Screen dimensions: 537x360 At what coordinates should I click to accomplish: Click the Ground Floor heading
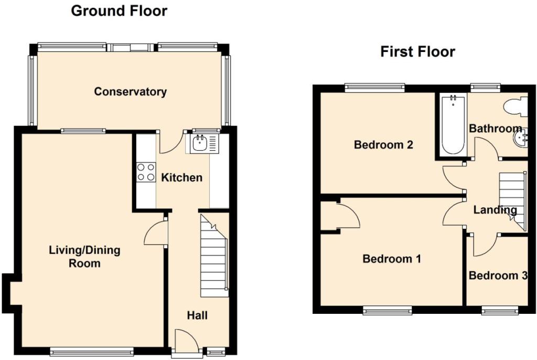click(119, 11)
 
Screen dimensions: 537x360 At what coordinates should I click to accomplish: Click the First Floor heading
click(417, 52)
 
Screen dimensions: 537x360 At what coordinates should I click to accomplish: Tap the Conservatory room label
click(131, 91)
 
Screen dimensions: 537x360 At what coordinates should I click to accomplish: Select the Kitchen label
click(181, 177)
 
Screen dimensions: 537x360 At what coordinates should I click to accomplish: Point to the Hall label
click(197, 315)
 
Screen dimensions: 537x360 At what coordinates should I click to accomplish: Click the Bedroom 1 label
click(392, 259)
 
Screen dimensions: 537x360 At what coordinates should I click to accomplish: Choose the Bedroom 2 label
click(383, 145)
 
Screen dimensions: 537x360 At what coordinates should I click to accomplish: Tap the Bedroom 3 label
click(498, 276)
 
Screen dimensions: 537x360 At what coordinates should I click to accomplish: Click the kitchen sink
click(202, 144)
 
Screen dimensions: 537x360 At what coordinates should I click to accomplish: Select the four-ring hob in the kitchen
click(146, 172)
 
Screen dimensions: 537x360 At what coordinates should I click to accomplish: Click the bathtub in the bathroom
click(453, 125)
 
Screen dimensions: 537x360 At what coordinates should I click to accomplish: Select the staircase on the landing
click(513, 201)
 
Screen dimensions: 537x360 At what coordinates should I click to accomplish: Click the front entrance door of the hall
click(186, 340)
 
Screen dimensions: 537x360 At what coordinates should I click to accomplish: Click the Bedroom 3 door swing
click(486, 245)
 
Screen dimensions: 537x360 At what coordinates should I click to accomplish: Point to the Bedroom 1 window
click(388, 311)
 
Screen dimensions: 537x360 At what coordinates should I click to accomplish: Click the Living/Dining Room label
click(84, 257)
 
